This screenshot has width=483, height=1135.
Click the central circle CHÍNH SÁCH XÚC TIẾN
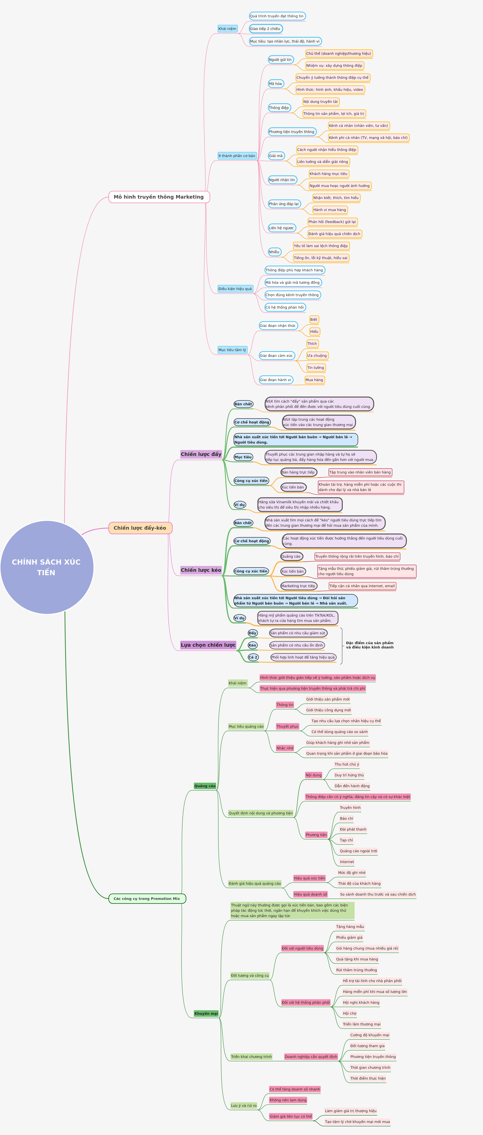click(x=47, y=567)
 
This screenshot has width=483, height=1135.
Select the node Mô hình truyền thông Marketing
click(x=159, y=197)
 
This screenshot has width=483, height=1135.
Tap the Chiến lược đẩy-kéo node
click(x=140, y=528)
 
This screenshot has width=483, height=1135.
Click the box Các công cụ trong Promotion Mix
click(x=147, y=898)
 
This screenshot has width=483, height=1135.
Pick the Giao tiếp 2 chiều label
click(x=266, y=29)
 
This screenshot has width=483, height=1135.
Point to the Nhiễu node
click(x=274, y=252)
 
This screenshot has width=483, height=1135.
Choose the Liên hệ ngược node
click(x=282, y=228)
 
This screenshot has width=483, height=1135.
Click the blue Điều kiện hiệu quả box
click(x=235, y=289)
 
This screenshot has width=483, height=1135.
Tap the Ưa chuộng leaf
click(x=317, y=355)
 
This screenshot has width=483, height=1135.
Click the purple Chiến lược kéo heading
click(x=201, y=570)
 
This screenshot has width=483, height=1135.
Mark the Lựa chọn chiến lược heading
click(x=208, y=645)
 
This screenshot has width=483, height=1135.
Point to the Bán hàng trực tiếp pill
click(x=298, y=472)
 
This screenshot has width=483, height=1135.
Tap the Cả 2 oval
click(x=253, y=657)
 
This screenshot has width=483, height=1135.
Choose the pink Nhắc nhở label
click(x=284, y=748)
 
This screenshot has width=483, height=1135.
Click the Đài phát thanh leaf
click(x=353, y=829)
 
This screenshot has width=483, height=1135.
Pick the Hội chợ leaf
click(x=350, y=1013)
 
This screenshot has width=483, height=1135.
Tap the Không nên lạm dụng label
click(x=288, y=1100)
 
